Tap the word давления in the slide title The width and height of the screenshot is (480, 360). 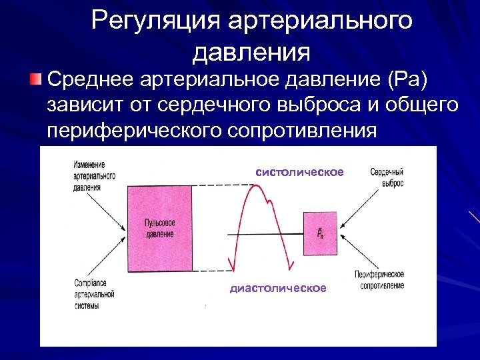coord(252,51)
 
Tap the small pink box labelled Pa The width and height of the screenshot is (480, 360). coord(320,233)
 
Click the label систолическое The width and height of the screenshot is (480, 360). coord(299,172)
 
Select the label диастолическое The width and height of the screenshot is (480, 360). coord(278,288)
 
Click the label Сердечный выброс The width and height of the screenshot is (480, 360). coord(387,177)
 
